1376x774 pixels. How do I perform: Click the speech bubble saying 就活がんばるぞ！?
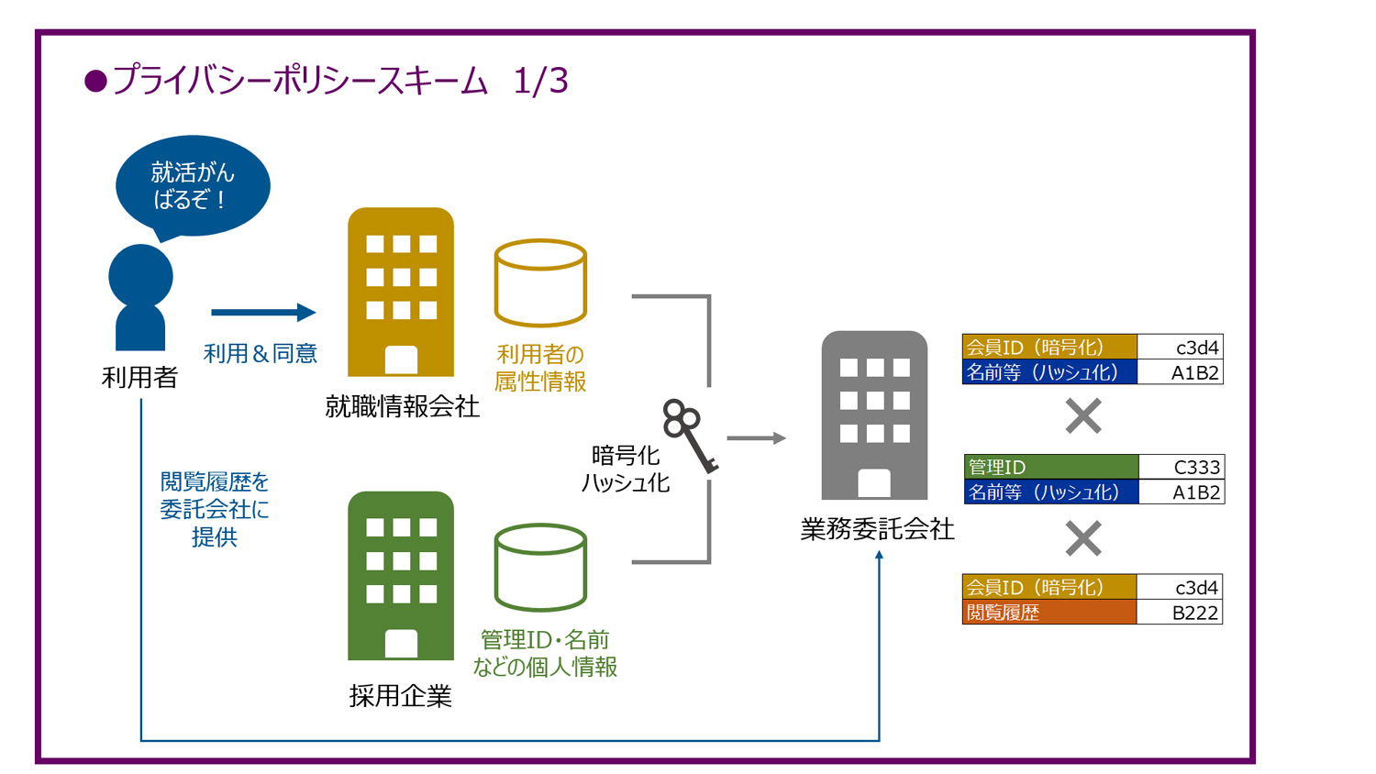coord(193,185)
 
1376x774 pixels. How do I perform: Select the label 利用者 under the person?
coord(139,377)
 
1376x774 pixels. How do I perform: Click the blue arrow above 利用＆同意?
coord(263,313)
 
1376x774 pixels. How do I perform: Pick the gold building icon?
coord(401,292)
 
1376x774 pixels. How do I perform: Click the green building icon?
coord(401,576)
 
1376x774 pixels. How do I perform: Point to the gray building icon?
coord(874,415)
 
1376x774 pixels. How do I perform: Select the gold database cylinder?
coord(540,282)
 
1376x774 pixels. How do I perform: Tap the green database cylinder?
coord(540,567)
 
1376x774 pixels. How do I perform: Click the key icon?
coord(691,435)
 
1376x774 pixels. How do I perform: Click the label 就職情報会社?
coord(402,406)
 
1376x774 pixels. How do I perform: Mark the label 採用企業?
coord(401,696)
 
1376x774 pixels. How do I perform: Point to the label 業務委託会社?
coord(877,529)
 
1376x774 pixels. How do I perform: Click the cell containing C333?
coord(1182,467)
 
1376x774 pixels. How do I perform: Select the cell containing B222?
coord(1180,613)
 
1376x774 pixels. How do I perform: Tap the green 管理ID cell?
coord(1051,467)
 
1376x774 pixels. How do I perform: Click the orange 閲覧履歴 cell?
coord(1049,613)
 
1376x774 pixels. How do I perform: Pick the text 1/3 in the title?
coord(540,81)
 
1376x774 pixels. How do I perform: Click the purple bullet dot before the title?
coord(95,82)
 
